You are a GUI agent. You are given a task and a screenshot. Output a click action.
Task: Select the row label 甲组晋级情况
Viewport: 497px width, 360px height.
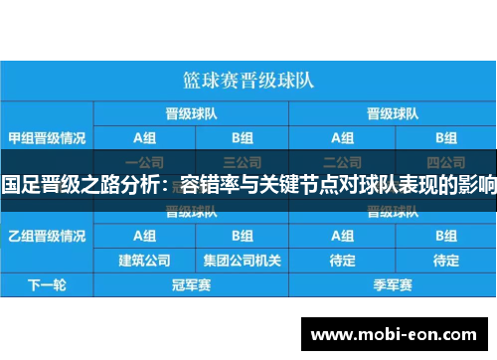coord(47,136)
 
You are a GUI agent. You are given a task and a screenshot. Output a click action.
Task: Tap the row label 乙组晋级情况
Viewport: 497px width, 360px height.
coord(47,236)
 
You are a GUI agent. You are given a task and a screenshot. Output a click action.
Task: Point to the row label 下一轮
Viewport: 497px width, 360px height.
coord(47,285)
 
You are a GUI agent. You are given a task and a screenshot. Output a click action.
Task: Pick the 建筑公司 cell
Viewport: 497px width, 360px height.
coord(144,261)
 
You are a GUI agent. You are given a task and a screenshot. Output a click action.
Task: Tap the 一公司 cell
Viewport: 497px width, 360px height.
coord(144,161)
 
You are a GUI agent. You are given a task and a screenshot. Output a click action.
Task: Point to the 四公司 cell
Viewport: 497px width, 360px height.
coord(438,161)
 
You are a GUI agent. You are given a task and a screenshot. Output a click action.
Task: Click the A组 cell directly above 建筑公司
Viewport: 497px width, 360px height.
coord(144,236)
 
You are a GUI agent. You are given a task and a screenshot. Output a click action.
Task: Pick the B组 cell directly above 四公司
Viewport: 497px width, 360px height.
coord(438,137)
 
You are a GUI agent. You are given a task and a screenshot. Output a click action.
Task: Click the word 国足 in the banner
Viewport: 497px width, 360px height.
coord(19,185)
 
